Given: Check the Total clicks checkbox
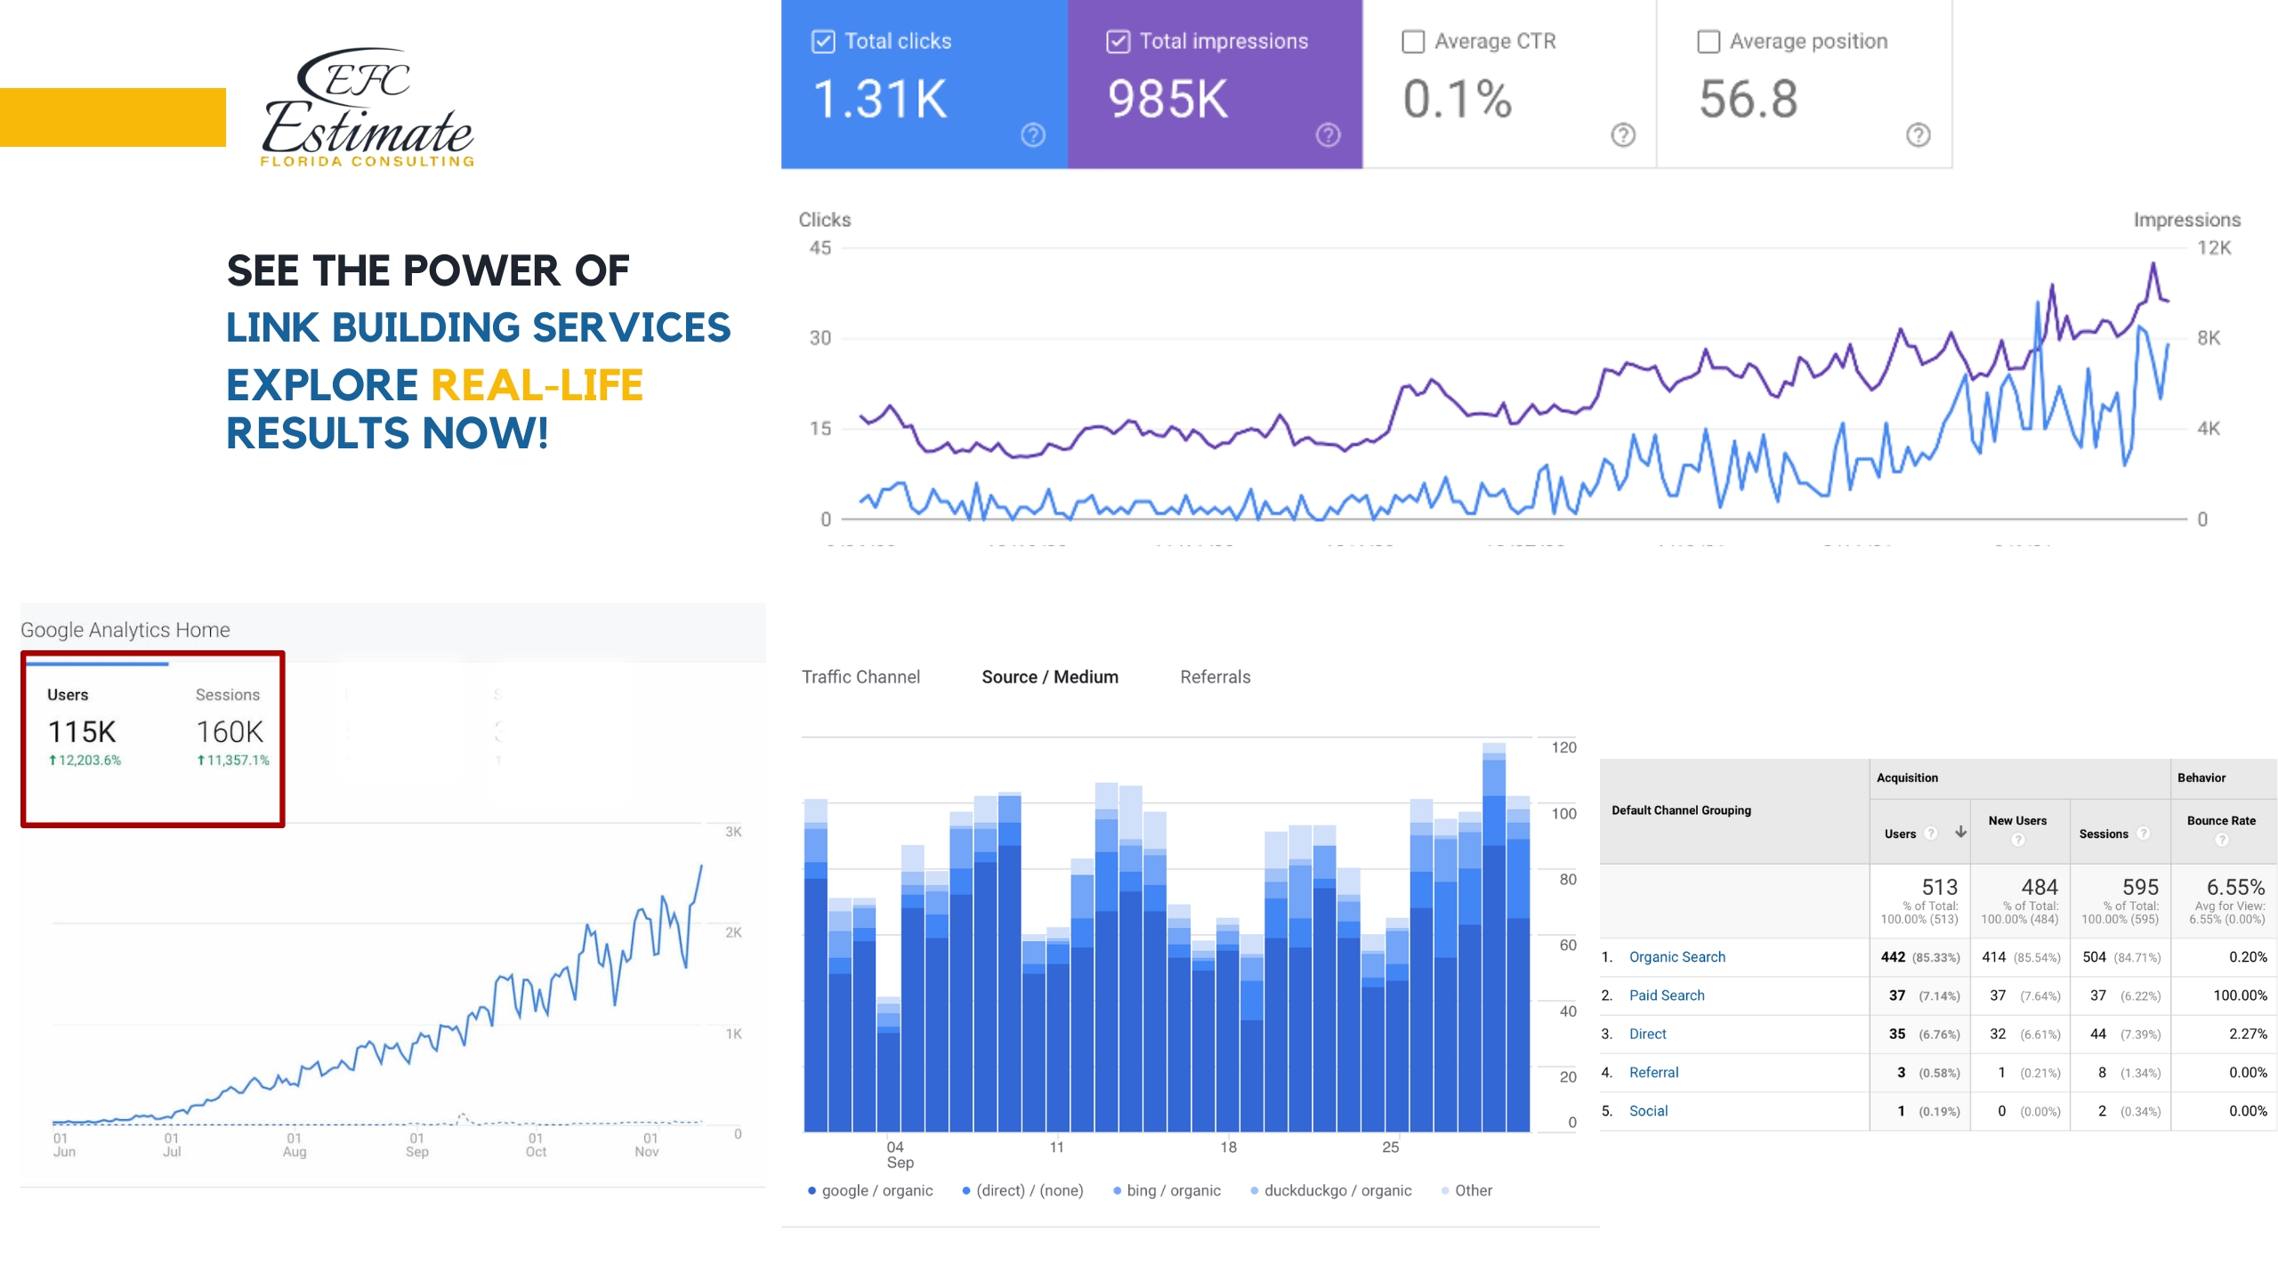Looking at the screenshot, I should (823, 42).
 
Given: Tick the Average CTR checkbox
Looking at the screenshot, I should (1413, 42).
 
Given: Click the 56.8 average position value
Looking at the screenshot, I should (1748, 99).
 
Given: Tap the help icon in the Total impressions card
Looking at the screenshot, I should (1328, 135).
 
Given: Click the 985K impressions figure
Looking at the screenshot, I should (1167, 99).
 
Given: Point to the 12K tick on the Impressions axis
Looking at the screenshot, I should (2214, 248).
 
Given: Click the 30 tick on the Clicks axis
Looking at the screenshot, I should (820, 338).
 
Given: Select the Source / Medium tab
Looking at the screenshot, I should (1050, 677).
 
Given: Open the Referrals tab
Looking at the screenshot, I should (1215, 677).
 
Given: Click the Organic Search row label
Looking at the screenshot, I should (1676, 957).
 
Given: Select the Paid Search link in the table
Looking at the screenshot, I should (1667, 995).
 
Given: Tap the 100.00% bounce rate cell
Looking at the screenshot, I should (2239, 995).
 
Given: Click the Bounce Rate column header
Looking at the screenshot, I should (2221, 821).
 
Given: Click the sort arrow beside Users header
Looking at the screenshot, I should (1960, 833).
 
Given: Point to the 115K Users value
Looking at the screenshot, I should (82, 732).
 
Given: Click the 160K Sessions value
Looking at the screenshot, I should (230, 732).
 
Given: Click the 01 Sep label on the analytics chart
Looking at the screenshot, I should (416, 1145).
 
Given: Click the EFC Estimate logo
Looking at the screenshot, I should (368, 107).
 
